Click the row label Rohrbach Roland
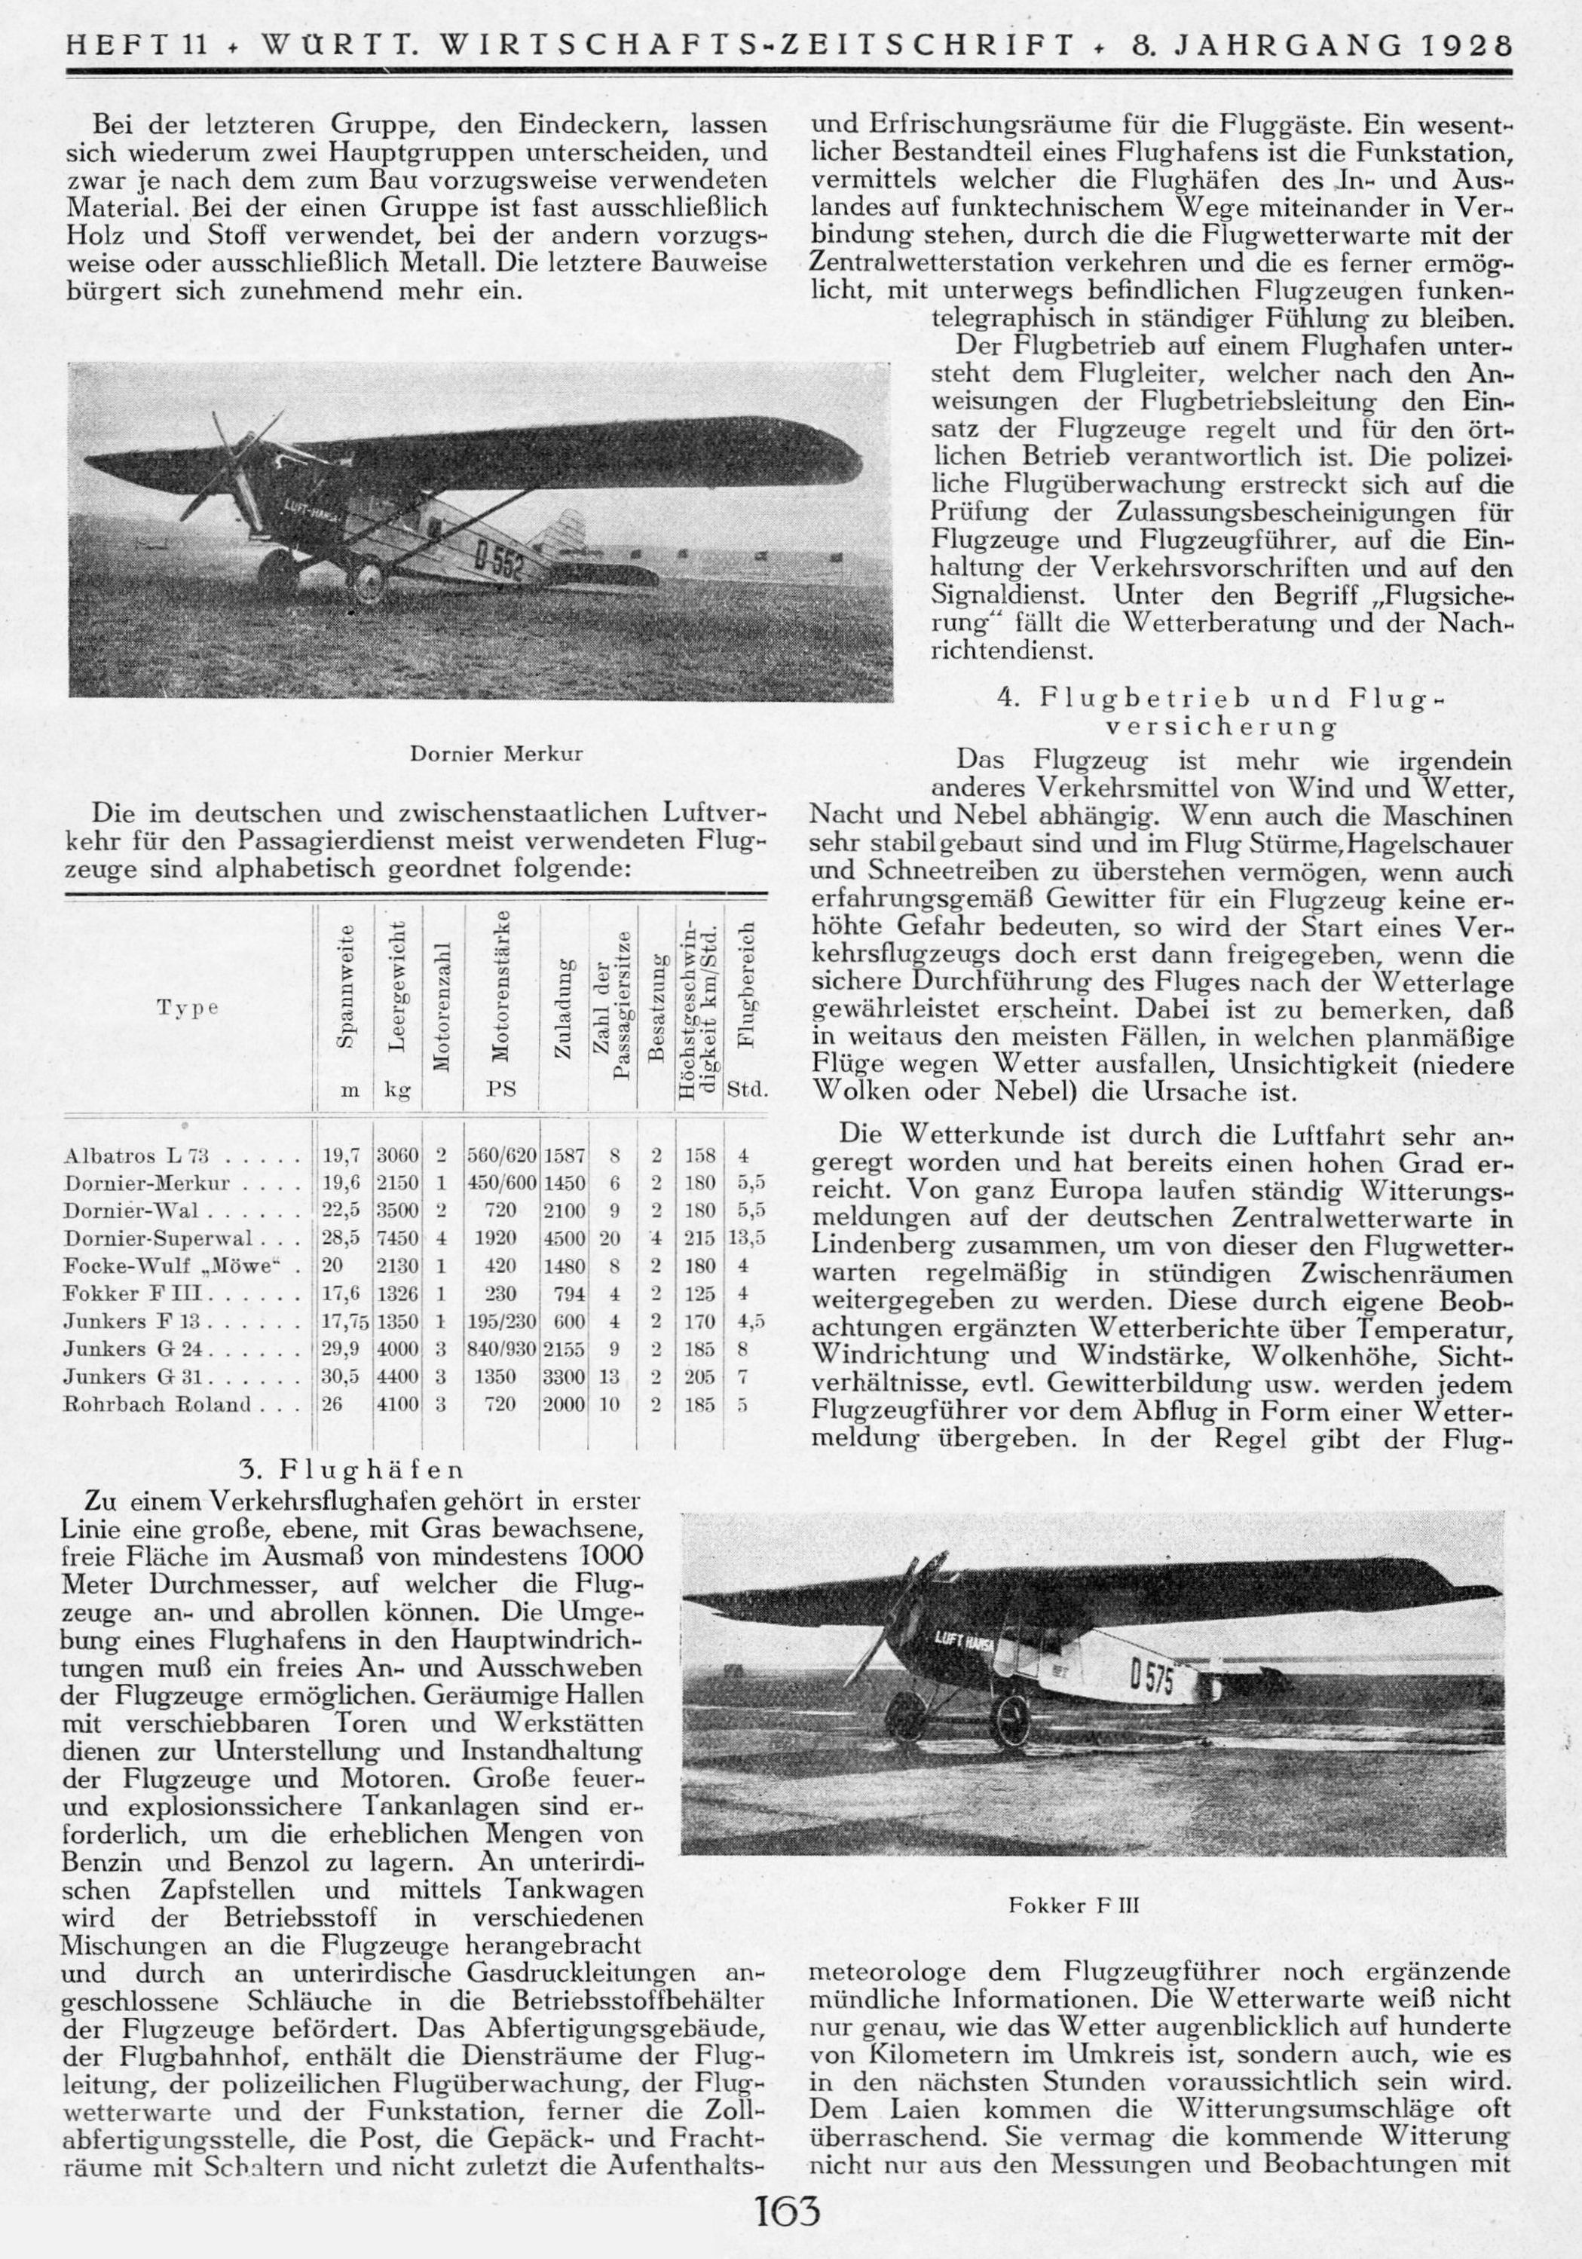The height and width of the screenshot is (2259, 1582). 158,1405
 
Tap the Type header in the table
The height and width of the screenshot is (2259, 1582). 187,1009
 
